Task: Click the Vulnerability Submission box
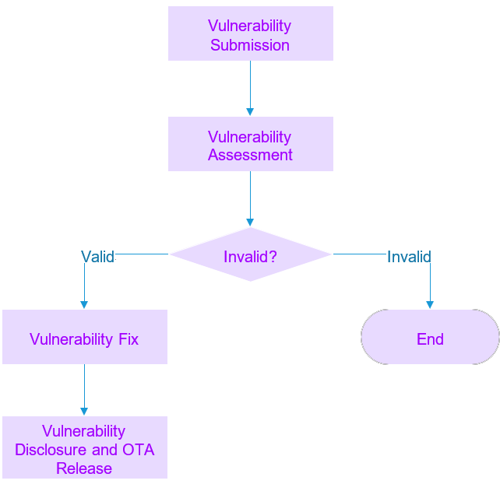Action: tap(250, 33)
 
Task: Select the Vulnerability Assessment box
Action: tap(250, 144)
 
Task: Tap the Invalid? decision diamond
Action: tap(250, 254)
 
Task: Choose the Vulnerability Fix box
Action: tap(84, 337)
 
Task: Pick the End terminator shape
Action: tap(430, 338)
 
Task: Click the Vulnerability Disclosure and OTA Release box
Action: tap(84, 447)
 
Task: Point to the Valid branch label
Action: tap(97, 257)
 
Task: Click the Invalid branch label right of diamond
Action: tap(409, 257)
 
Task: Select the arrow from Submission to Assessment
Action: tap(250, 88)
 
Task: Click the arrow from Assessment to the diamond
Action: tap(250, 198)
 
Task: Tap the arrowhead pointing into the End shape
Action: tap(429, 304)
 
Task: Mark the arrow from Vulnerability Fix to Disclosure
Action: tap(84, 389)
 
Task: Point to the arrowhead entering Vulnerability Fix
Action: tap(84, 304)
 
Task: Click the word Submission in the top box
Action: tap(250, 45)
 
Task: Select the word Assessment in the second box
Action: tap(250, 155)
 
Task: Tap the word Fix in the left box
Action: tap(128, 339)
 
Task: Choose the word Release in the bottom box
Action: tap(84, 468)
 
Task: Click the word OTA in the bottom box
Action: tap(138, 450)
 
